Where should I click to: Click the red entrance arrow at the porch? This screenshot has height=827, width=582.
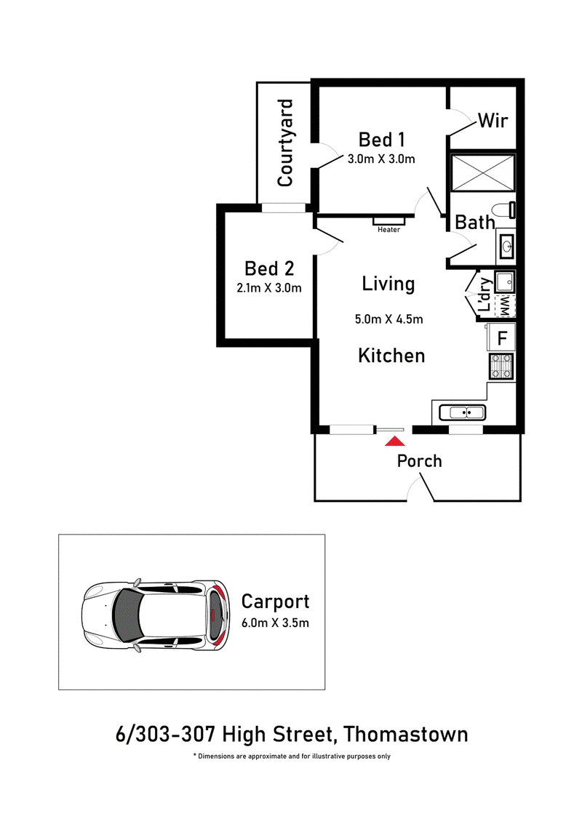[395, 442]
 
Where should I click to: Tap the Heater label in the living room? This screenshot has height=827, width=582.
[389, 230]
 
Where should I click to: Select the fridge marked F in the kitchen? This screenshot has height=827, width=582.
[501, 337]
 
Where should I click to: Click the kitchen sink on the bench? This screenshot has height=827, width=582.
[462, 412]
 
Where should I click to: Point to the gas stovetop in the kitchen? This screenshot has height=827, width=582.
[501, 366]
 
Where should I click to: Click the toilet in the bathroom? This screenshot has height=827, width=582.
[506, 210]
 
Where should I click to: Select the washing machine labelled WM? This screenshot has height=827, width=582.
[504, 306]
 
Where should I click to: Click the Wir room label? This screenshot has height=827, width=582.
[493, 120]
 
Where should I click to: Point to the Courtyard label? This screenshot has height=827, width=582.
[285, 143]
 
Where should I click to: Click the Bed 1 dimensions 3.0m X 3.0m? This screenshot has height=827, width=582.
[381, 159]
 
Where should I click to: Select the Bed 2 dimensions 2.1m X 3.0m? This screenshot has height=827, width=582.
[269, 288]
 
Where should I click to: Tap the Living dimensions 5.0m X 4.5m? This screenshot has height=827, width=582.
[389, 319]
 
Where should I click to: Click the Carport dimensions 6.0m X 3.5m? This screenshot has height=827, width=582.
[275, 623]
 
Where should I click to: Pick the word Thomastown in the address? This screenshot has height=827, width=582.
[405, 734]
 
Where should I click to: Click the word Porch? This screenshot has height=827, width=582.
[420, 461]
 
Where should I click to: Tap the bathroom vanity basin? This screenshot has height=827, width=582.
[506, 246]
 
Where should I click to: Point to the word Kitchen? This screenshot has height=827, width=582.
[391, 356]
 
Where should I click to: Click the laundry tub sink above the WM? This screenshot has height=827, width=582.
[504, 281]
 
